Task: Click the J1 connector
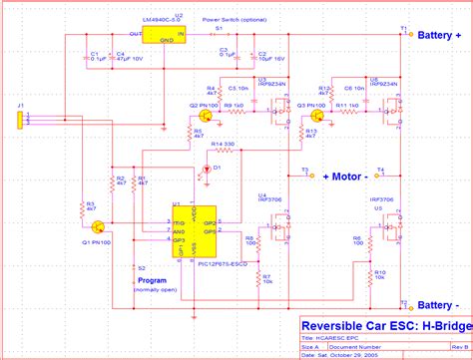[x=21, y=121]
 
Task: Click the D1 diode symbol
[x=207, y=170]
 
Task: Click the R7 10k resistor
[x=258, y=279]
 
